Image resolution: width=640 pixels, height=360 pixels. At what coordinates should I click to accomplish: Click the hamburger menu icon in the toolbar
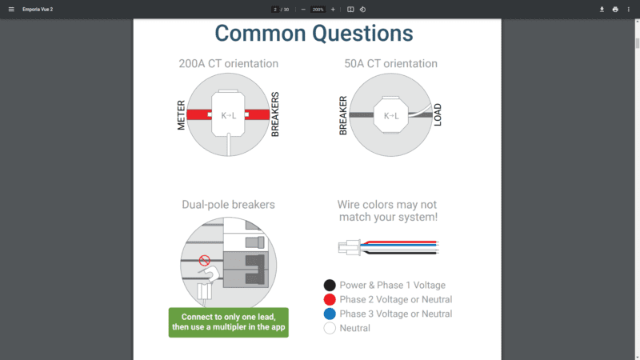(11, 9)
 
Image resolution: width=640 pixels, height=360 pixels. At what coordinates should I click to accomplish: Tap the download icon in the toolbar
(602, 9)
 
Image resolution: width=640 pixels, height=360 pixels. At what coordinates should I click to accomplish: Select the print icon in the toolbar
(615, 9)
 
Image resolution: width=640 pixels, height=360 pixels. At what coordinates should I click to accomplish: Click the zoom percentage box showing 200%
(318, 9)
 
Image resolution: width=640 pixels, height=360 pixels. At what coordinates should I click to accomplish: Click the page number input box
(275, 9)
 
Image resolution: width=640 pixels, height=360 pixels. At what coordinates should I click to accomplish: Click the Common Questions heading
(314, 34)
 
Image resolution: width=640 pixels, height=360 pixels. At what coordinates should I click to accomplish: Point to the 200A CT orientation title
(229, 64)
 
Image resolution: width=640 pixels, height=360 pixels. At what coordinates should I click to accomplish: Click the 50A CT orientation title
(390, 64)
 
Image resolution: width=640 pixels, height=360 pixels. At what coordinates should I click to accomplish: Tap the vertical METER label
(182, 115)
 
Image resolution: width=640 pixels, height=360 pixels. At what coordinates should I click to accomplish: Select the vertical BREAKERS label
(275, 114)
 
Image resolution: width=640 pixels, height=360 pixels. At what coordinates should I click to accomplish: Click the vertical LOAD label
(438, 115)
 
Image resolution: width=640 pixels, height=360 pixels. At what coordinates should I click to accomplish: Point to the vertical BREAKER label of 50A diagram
(343, 115)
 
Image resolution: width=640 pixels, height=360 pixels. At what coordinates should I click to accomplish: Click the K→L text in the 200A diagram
(229, 116)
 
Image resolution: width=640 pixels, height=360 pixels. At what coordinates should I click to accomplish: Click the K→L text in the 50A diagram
(391, 116)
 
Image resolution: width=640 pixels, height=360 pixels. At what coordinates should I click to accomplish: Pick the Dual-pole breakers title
(229, 205)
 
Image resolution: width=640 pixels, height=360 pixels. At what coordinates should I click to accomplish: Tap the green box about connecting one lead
(229, 322)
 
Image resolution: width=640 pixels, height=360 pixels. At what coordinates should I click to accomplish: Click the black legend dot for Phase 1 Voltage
(329, 286)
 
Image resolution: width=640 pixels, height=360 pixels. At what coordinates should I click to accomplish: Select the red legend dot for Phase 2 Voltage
(329, 300)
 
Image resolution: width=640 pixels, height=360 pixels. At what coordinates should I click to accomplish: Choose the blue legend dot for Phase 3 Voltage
(329, 314)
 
